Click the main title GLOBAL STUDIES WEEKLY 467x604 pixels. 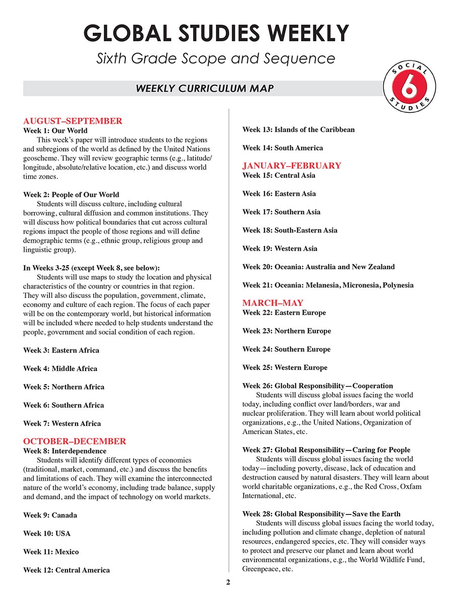pos(216,33)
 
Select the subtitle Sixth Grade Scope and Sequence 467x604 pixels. pos(216,58)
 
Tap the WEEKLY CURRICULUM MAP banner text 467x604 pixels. pos(205,89)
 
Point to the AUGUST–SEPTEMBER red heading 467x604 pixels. pos(73,121)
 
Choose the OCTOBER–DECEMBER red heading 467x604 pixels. pos(75,441)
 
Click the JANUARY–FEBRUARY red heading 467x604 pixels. pos(292,166)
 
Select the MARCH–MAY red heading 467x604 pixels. pos(273,303)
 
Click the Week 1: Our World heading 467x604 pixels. pos(55,130)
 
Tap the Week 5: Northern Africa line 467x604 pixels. pos(64,387)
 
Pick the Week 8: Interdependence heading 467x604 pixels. pos(65,451)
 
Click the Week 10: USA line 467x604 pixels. pos(47,534)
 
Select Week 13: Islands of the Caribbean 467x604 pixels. pos(298,130)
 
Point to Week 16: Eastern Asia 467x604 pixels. pos(279,194)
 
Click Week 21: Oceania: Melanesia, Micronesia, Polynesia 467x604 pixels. pos(327,285)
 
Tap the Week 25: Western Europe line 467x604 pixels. pos(285,367)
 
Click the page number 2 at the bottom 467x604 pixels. pos(228,583)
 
